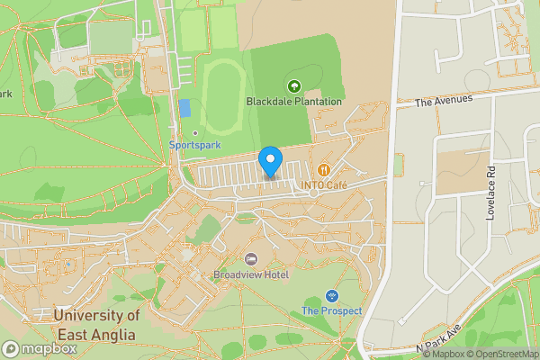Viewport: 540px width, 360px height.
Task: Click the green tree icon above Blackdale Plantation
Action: (x=293, y=86)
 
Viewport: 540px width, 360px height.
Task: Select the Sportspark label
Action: (x=195, y=145)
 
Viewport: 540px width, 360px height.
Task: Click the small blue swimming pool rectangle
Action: (x=184, y=108)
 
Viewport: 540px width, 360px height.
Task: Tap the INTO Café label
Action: (x=324, y=185)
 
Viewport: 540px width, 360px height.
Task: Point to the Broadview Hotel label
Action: (x=251, y=274)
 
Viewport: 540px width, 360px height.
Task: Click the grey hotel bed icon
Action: (x=251, y=259)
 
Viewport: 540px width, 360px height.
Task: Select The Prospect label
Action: (x=331, y=311)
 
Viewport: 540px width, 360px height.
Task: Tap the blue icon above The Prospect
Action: (x=331, y=296)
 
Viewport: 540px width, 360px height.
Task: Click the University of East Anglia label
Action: (x=95, y=325)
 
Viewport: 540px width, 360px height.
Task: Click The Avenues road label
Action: (x=444, y=101)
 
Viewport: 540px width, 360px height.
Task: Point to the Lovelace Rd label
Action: (x=491, y=194)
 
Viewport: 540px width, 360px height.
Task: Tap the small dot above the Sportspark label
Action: (x=195, y=133)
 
